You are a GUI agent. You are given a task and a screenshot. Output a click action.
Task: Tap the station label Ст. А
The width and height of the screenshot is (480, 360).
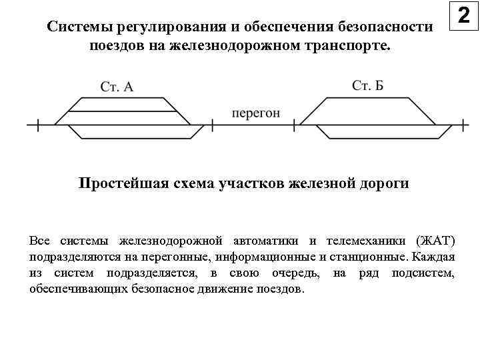click(x=117, y=86)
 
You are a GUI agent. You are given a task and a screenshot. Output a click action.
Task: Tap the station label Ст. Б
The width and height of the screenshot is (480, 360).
click(x=367, y=85)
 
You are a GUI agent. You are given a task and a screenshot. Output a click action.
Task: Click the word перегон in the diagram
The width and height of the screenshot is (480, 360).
click(x=256, y=113)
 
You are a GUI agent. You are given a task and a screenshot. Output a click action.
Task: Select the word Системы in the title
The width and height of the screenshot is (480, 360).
click(x=79, y=27)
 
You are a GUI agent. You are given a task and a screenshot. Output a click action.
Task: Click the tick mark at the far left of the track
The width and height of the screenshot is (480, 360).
click(x=38, y=124)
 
